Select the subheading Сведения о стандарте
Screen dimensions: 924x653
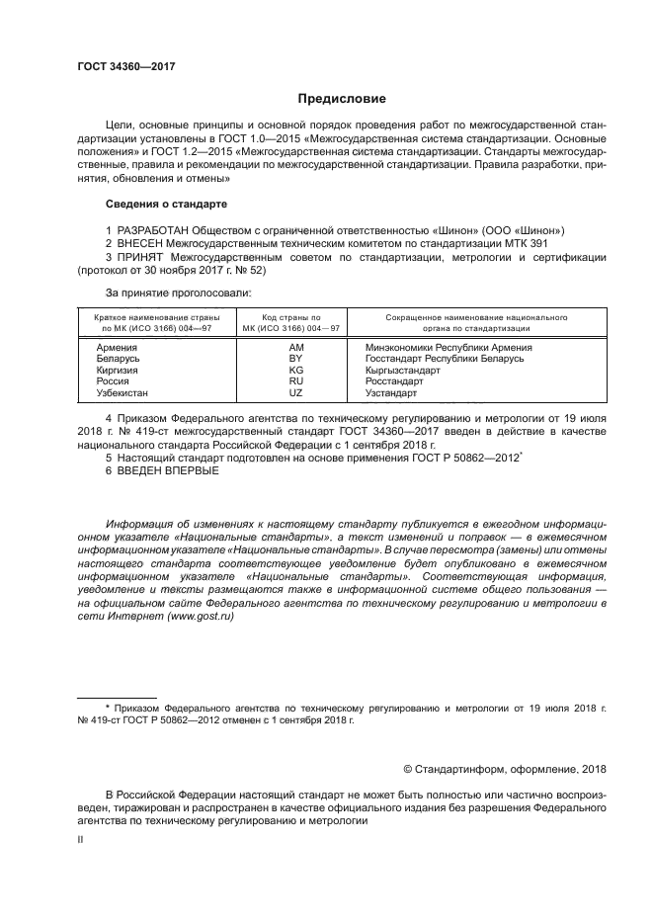coord(166,204)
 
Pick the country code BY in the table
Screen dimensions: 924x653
coord(295,359)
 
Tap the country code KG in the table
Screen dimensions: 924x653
coord(295,370)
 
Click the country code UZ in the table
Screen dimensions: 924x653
coord(295,392)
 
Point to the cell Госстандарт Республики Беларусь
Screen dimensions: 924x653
coord(444,359)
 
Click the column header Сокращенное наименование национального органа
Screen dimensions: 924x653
coord(461,323)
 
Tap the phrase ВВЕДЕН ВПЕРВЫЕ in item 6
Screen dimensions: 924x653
coord(168,470)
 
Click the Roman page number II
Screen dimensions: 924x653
coord(81,838)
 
